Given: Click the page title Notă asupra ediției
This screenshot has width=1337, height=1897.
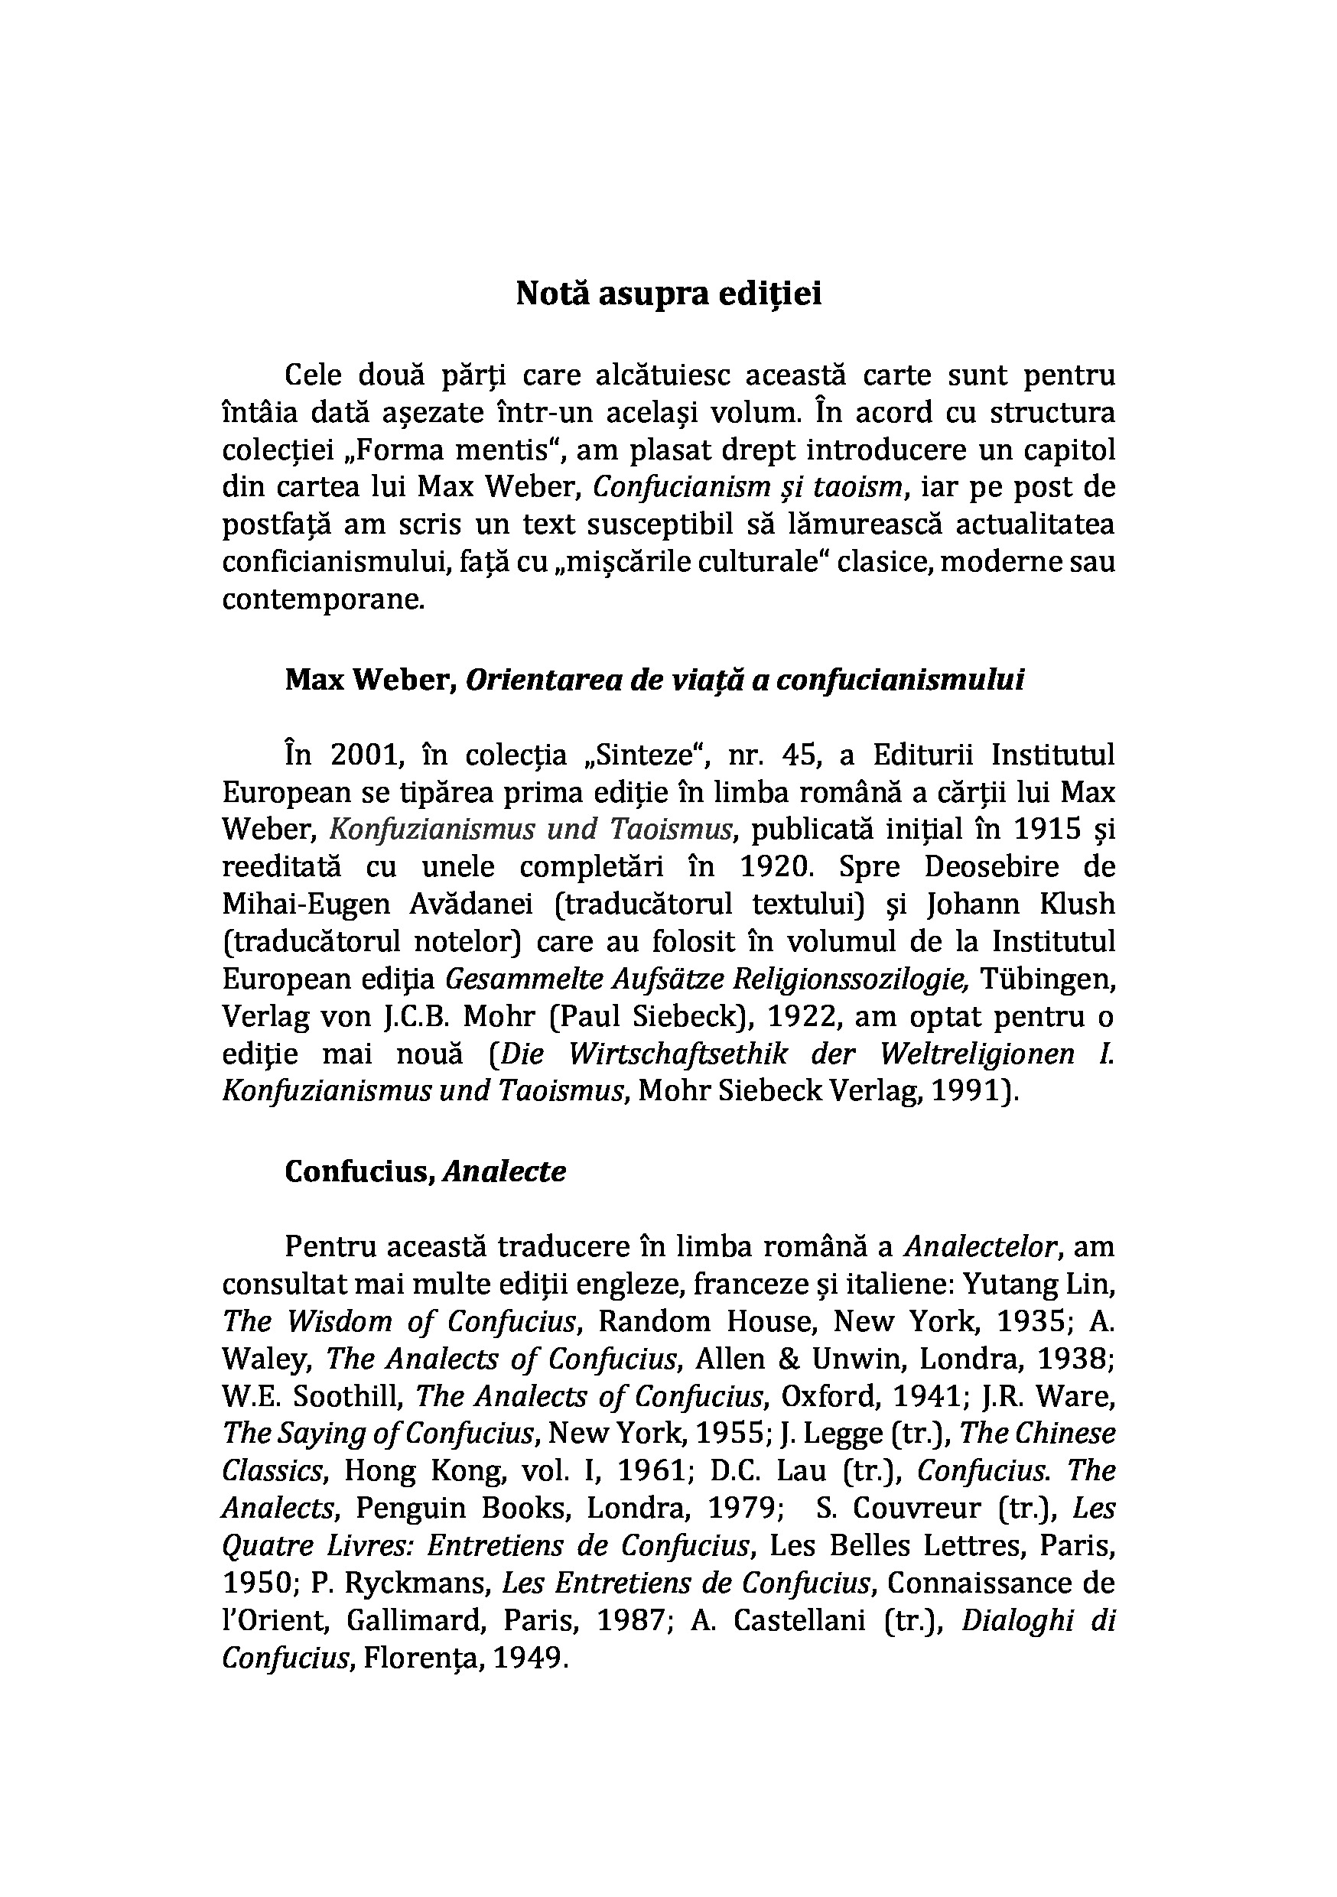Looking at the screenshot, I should [668, 294].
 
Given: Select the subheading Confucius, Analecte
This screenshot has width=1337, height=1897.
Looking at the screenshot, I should [425, 1171].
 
